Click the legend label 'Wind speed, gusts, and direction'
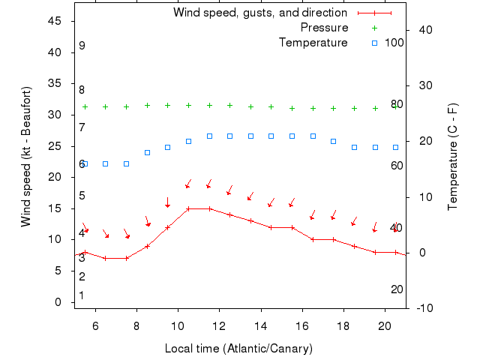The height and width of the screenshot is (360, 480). pos(260,13)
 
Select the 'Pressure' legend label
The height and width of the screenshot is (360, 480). pos(324,28)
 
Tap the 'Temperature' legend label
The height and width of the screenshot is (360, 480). pos(313,43)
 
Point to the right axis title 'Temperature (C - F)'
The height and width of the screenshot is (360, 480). pos(453,157)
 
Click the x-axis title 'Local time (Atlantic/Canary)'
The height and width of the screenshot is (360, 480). pos(238,349)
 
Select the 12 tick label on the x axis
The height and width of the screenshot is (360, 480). pos(220,326)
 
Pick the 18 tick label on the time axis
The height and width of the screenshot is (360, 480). pos(343,326)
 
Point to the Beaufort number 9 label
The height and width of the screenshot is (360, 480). pos(82,46)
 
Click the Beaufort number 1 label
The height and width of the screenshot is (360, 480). pos(82,295)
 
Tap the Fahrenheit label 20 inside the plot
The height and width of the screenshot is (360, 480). pos(397,289)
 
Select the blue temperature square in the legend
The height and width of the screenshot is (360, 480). pos(375,43)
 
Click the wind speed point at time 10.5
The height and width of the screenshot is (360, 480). pos(188,208)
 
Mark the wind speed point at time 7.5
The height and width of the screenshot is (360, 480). pos(127,258)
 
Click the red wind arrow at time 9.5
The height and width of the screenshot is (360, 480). pos(168,202)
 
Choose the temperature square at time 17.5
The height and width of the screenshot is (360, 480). pos(334,141)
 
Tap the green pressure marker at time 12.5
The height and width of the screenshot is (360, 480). pos(230,106)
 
